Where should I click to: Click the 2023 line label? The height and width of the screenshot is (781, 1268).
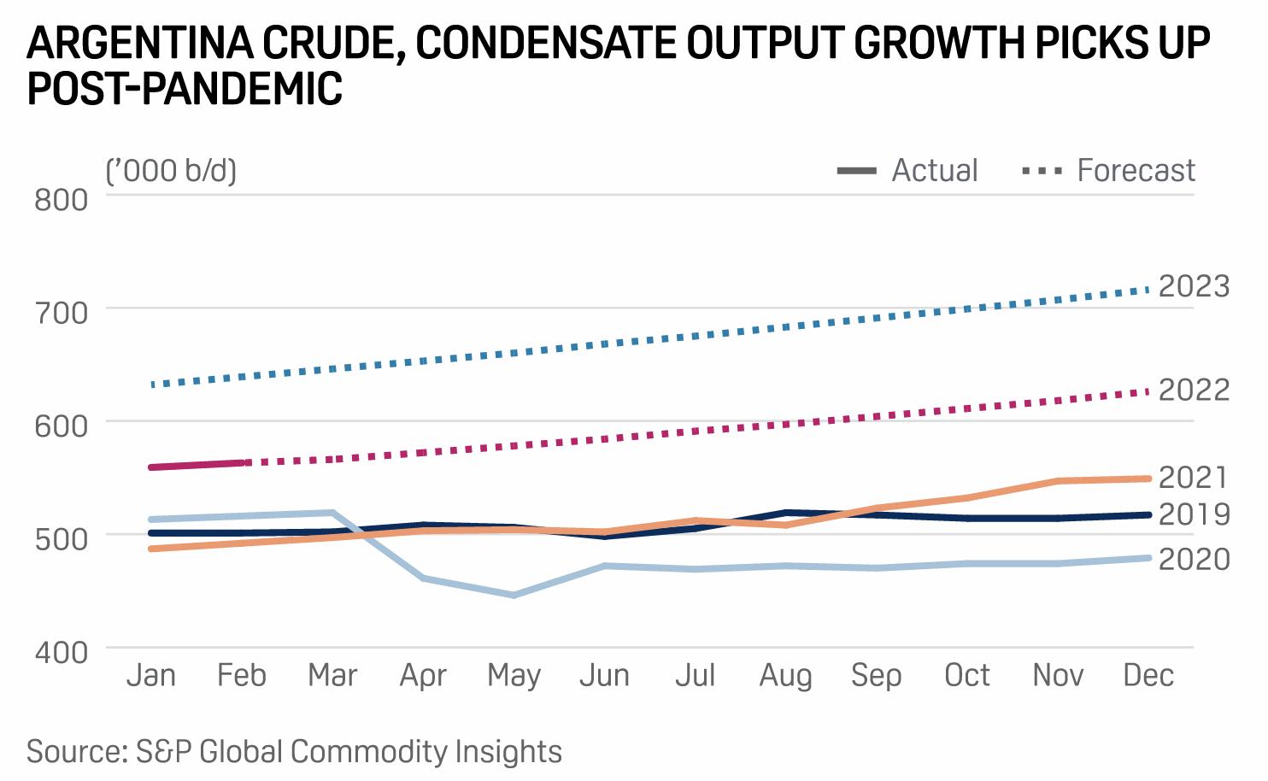tap(1194, 285)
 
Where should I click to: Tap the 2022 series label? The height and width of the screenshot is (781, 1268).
tap(1194, 390)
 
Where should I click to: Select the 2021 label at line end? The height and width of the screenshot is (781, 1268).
tap(1194, 477)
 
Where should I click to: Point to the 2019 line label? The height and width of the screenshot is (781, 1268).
tap(1194, 514)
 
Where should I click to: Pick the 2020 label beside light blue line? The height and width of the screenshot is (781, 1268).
tap(1194, 559)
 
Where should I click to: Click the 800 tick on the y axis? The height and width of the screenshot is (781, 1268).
tap(62, 199)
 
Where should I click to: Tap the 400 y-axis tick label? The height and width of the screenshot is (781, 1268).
tap(62, 651)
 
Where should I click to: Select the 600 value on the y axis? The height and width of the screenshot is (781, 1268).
tap(62, 426)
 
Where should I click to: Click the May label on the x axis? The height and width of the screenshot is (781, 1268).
tap(514, 676)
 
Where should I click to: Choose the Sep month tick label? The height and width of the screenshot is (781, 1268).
tap(876, 676)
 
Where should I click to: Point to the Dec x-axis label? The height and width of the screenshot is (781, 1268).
tap(1148, 676)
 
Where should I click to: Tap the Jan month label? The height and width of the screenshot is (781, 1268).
tap(151, 676)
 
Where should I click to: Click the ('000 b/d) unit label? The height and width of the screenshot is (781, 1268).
tap(171, 171)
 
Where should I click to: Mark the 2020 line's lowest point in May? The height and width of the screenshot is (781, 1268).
tap(514, 595)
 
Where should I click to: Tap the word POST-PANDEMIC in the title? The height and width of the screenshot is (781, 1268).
tap(185, 89)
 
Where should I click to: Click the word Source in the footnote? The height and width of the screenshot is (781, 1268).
tap(76, 752)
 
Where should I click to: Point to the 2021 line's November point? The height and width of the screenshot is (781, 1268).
tap(1059, 481)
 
